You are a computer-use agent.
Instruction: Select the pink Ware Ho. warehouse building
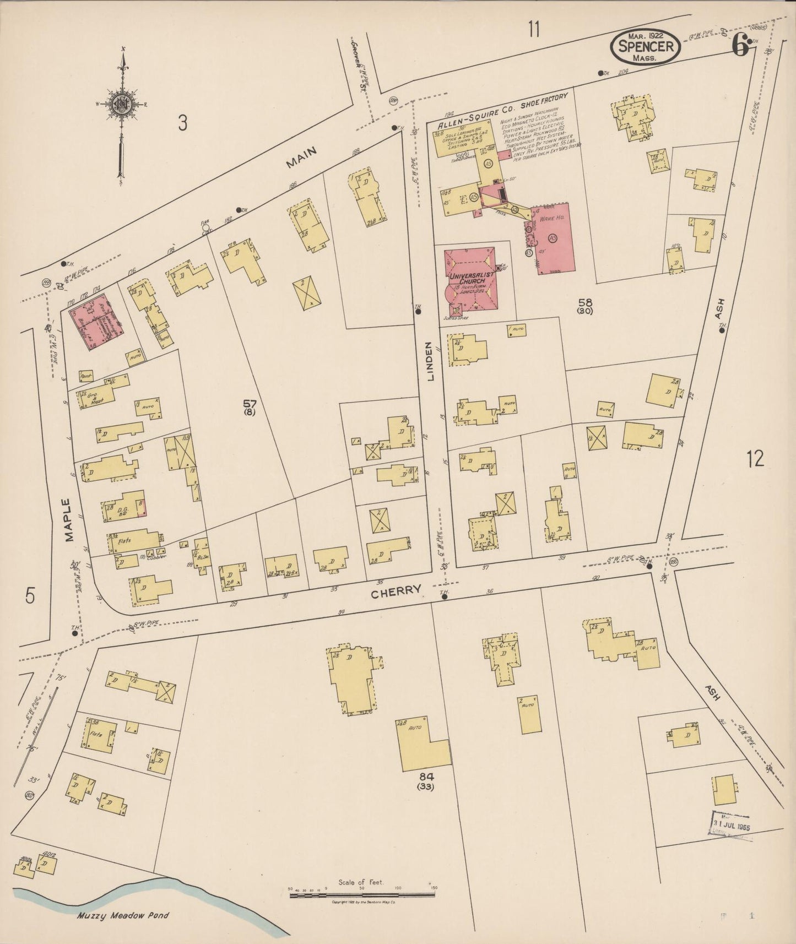point(553,238)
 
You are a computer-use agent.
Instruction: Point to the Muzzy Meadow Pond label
point(123,915)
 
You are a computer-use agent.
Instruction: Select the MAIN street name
point(301,156)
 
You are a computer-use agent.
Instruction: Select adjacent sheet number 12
point(755,458)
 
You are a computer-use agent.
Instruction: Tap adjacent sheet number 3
point(182,124)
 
